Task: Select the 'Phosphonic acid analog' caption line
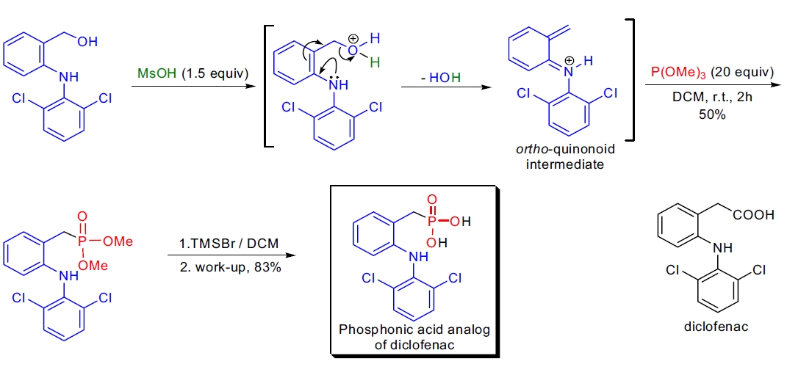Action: pos(414,330)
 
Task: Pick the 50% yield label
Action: pos(702,114)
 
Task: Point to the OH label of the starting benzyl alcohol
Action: pos(86,42)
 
